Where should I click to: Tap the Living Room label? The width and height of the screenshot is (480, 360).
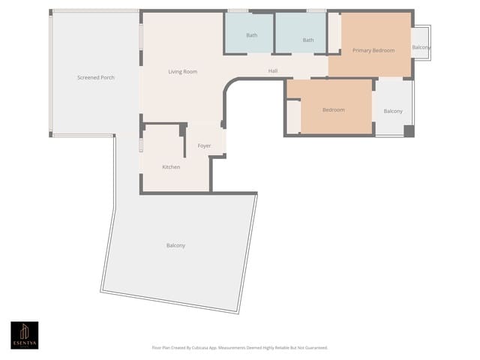pyautogui.click(x=182, y=72)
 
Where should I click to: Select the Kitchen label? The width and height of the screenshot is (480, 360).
pyautogui.click(x=171, y=166)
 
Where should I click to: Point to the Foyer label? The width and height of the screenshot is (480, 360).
pyautogui.click(x=204, y=145)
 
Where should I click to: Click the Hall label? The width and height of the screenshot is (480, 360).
pyautogui.click(x=274, y=71)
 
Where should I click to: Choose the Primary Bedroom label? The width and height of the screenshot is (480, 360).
pyautogui.click(x=373, y=50)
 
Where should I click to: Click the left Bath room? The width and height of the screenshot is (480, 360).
pyautogui.click(x=251, y=35)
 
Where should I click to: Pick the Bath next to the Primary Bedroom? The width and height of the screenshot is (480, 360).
pyautogui.click(x=307, y=40)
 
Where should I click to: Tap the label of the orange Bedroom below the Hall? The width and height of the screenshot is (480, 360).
pyautogui.click(x=333, y=110)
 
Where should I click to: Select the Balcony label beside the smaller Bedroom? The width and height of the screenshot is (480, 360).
pyautogui.click(x=393, y=111)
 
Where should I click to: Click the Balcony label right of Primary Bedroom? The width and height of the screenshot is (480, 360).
pyautogui.click(x=421, y=47)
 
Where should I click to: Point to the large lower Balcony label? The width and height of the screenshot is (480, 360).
pyautogui.click(x=175, y=245)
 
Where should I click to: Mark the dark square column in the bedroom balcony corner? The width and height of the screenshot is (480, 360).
pyautogui.click(x=409, y=130)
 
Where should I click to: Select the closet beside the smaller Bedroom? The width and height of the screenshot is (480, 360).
pyautogui.click(x=293, y=116)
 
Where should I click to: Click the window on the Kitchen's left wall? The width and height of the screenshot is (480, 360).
pyautogui.click(x=140, y=144)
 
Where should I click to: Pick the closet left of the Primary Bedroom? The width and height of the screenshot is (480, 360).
pyautogui.click(x=334, y=33)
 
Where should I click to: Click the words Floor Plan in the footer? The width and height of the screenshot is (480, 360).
pyautogui.click(x=161, y=348)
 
